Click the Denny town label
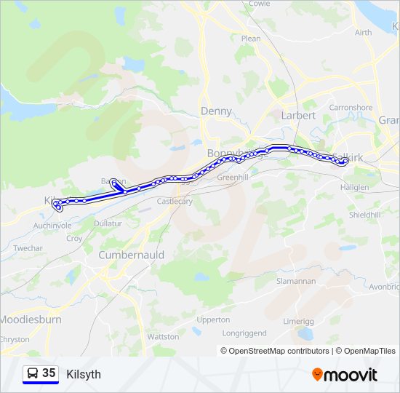tap(216, 111)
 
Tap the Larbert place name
tap(298, 115)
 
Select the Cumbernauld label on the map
tap(131, 255)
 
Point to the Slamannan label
tap(295, 281)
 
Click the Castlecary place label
tap(175, 202)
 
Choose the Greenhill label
tap(233, 178)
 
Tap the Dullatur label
tap(108, 223)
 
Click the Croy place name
tap(74, 238)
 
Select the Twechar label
tap(28, 248)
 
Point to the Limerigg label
tap(298, 321)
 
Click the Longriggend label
tap(245, 333)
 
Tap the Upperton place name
tap(213, 319)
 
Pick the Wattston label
tap(163, 337)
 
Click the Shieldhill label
tap(364, 215)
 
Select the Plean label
tap(250, 39)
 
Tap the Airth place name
tap(363, 33)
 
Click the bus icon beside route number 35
tap(33, 373)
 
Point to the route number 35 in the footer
tap(49, 373)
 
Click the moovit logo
tap(345, 375)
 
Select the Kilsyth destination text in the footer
tap(84, 375)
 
